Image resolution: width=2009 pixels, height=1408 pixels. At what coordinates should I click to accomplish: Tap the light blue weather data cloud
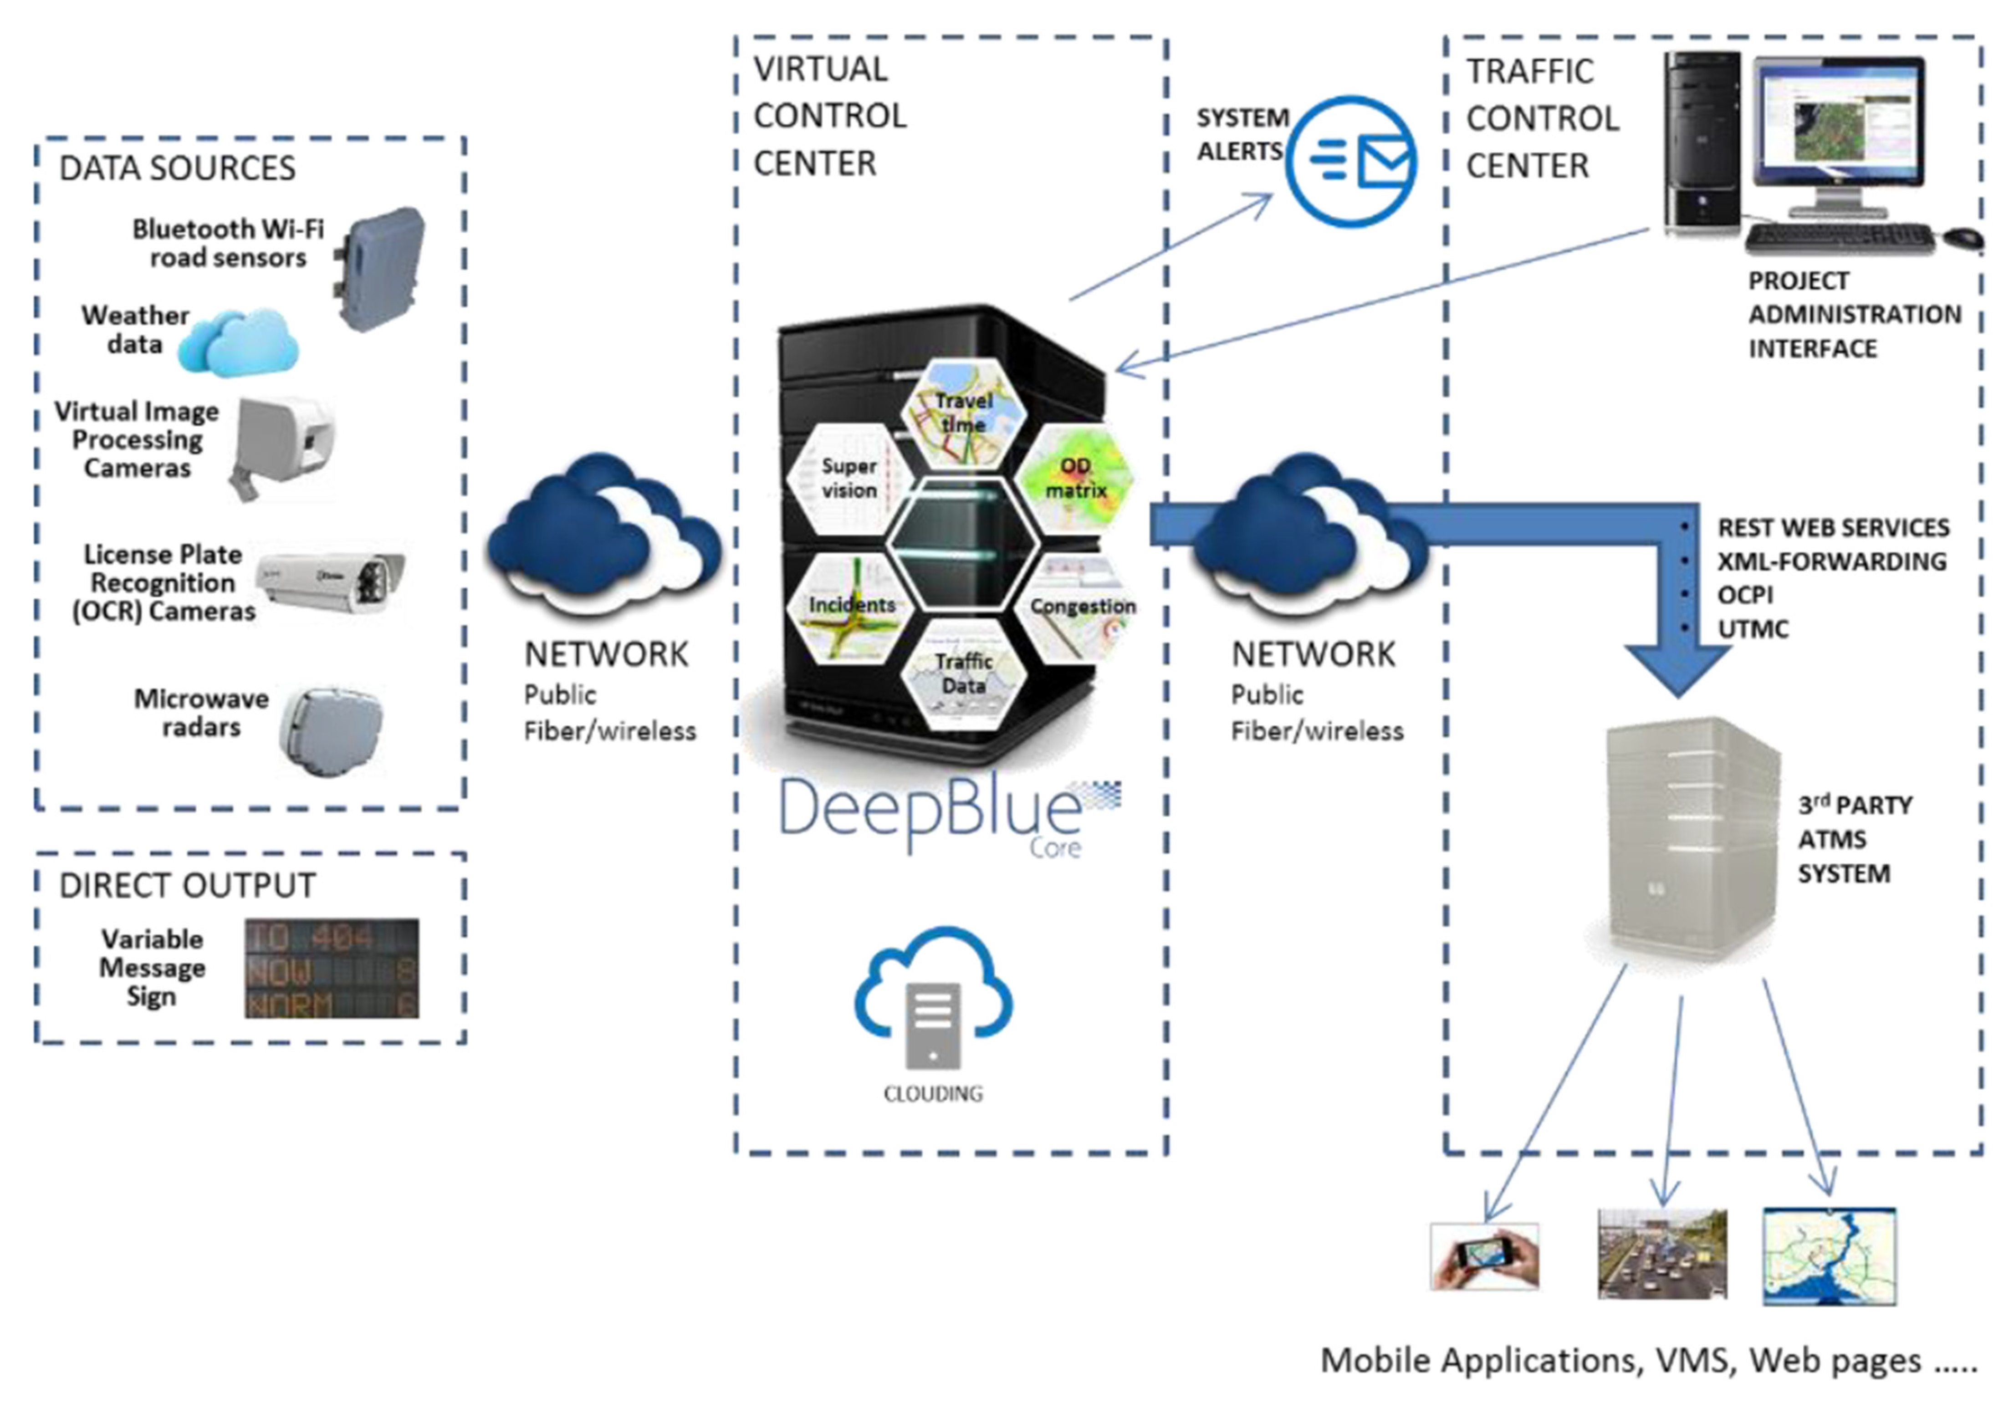[x=239, y=343]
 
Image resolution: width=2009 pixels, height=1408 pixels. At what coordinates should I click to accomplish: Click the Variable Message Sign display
[x=332, y=968]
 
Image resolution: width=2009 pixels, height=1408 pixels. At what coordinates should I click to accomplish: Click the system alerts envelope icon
[x=1352, y=162]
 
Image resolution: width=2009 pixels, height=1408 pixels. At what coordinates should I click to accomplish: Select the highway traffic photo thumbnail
[x=1661, y=1254]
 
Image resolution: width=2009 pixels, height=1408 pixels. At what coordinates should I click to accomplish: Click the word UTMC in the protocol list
[x=1753, y=628]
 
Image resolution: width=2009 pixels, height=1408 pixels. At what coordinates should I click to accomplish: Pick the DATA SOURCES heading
[x=178, y=168]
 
